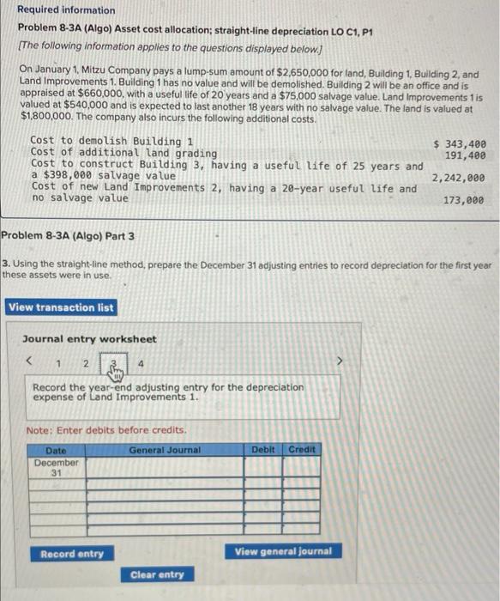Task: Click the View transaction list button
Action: click(x=61, y=307)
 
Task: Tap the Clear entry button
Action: click(x=157, y=574)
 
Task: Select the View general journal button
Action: click(x=282, y=551)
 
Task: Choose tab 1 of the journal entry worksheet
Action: click(x=57, y=363)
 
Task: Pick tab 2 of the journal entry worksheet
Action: click(x=86, y=363)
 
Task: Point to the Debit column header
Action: click(x=263, y=449)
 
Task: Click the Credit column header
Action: click(x=302, y=449)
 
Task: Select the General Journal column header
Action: click(x=165, y=449)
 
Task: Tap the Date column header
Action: click(x=56, y=449)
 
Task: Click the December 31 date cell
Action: click(x=56, y=467)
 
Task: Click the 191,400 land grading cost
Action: click(x=466, y=155)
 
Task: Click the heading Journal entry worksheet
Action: click(x=89, y=339)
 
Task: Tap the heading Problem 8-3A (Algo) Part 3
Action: click(x=68, y=235)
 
